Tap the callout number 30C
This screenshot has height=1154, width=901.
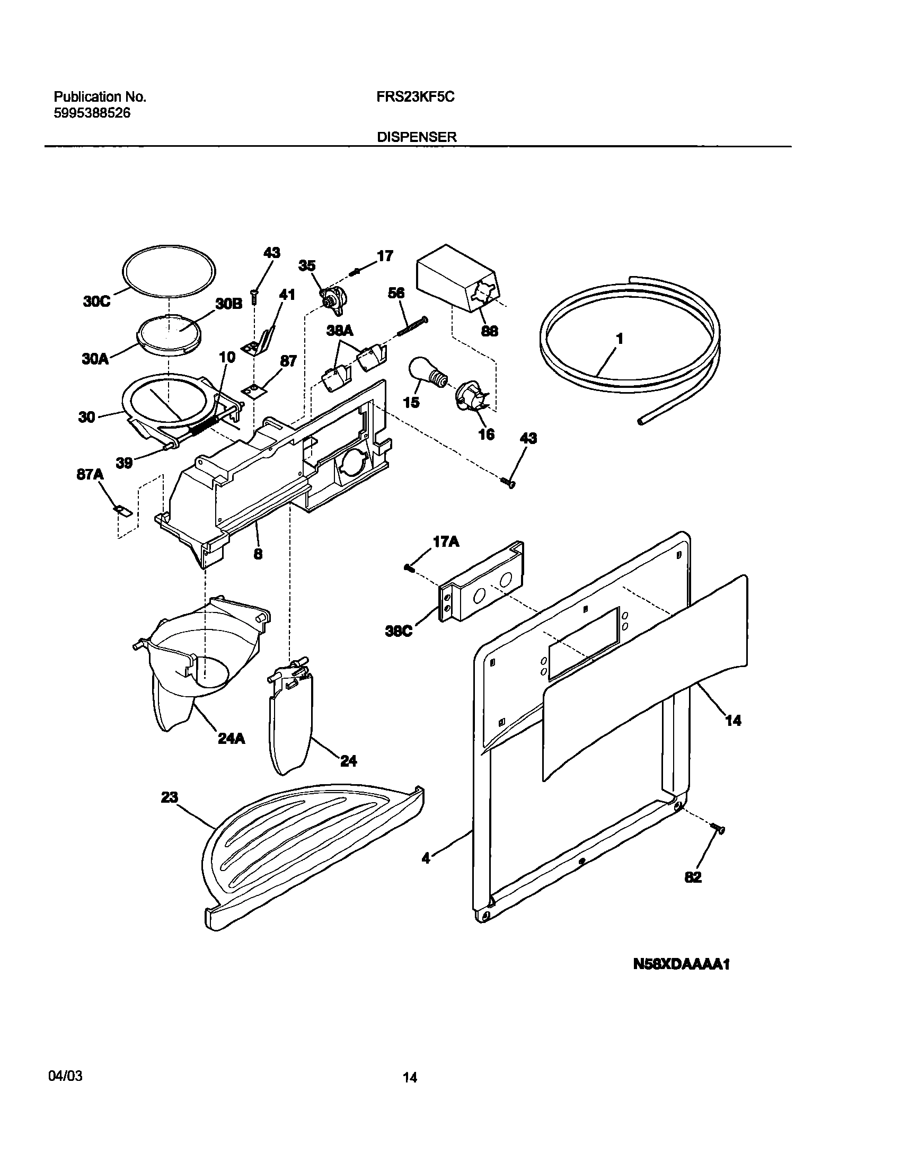[97, 301]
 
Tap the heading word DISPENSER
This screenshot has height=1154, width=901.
[417, 137]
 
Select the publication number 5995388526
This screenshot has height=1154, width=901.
[92, 113]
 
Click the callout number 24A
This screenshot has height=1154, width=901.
[231, 738]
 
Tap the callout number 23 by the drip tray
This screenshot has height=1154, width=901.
[169, 797]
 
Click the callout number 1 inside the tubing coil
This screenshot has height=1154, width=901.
[619, 339]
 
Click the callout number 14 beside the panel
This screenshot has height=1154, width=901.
[732, 720]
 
